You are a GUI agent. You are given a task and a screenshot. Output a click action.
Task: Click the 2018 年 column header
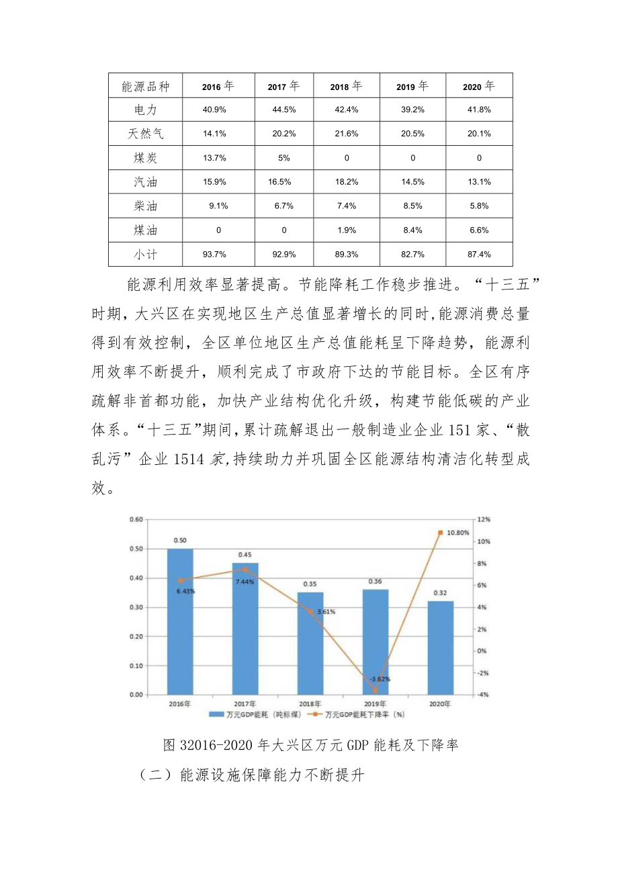click(347, 87)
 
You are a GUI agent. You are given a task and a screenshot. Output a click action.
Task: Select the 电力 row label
click(146, 110)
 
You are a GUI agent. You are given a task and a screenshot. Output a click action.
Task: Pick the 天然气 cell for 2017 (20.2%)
click(284, 134)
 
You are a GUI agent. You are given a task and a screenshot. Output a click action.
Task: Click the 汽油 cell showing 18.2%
click(347, 182)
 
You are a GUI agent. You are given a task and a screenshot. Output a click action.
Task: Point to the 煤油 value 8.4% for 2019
click(412, 230)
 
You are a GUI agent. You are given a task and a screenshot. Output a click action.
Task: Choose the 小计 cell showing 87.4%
click(480, 255)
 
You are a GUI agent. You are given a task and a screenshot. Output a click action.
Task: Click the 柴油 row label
click(146, 206)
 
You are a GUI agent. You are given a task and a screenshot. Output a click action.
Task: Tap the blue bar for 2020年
click(440, 648)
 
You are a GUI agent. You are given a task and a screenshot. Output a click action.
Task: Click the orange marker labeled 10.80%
click(440, 533)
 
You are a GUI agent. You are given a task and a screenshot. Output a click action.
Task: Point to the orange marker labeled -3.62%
click(375, 690)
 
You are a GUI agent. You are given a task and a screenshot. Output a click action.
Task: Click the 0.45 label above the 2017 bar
click(245, 555)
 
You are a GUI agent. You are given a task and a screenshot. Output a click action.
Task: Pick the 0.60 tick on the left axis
click(137, 519)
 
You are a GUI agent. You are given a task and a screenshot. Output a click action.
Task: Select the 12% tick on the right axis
click(484, 519)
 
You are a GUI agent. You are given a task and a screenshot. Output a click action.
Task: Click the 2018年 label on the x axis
click(310, 703)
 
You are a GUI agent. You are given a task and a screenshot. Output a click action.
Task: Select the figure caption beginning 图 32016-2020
click(310, 745)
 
